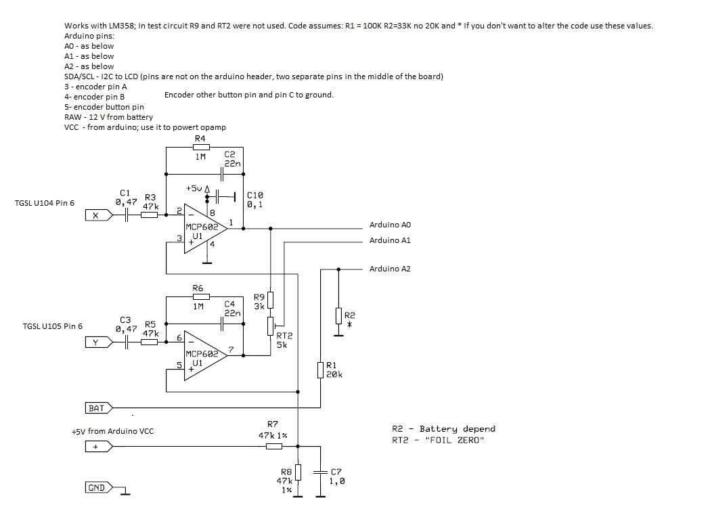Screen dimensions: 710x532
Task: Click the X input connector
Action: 99,215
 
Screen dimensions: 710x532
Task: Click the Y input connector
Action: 99,342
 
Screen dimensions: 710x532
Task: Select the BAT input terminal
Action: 99,408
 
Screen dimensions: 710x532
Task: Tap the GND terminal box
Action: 99,487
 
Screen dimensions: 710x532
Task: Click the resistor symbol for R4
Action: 201,147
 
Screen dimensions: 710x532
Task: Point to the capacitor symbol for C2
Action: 222,174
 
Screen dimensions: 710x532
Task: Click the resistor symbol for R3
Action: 149,215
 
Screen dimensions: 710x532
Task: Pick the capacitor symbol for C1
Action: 127,215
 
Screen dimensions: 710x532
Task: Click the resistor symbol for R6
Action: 201,296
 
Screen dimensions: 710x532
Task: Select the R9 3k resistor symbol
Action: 270,300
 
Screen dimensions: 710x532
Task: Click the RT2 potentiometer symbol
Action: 271,326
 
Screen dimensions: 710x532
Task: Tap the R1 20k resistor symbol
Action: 321,370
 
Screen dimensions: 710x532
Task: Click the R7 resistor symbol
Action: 273,447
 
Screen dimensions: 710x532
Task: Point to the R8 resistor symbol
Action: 298,472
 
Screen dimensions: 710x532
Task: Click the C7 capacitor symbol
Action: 321,472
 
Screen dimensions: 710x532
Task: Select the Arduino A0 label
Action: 390,225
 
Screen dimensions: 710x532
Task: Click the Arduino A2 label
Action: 390,269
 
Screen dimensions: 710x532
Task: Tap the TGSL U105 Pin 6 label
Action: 53,326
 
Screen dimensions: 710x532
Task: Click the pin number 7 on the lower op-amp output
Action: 231,350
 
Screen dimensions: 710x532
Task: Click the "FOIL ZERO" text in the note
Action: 455,440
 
